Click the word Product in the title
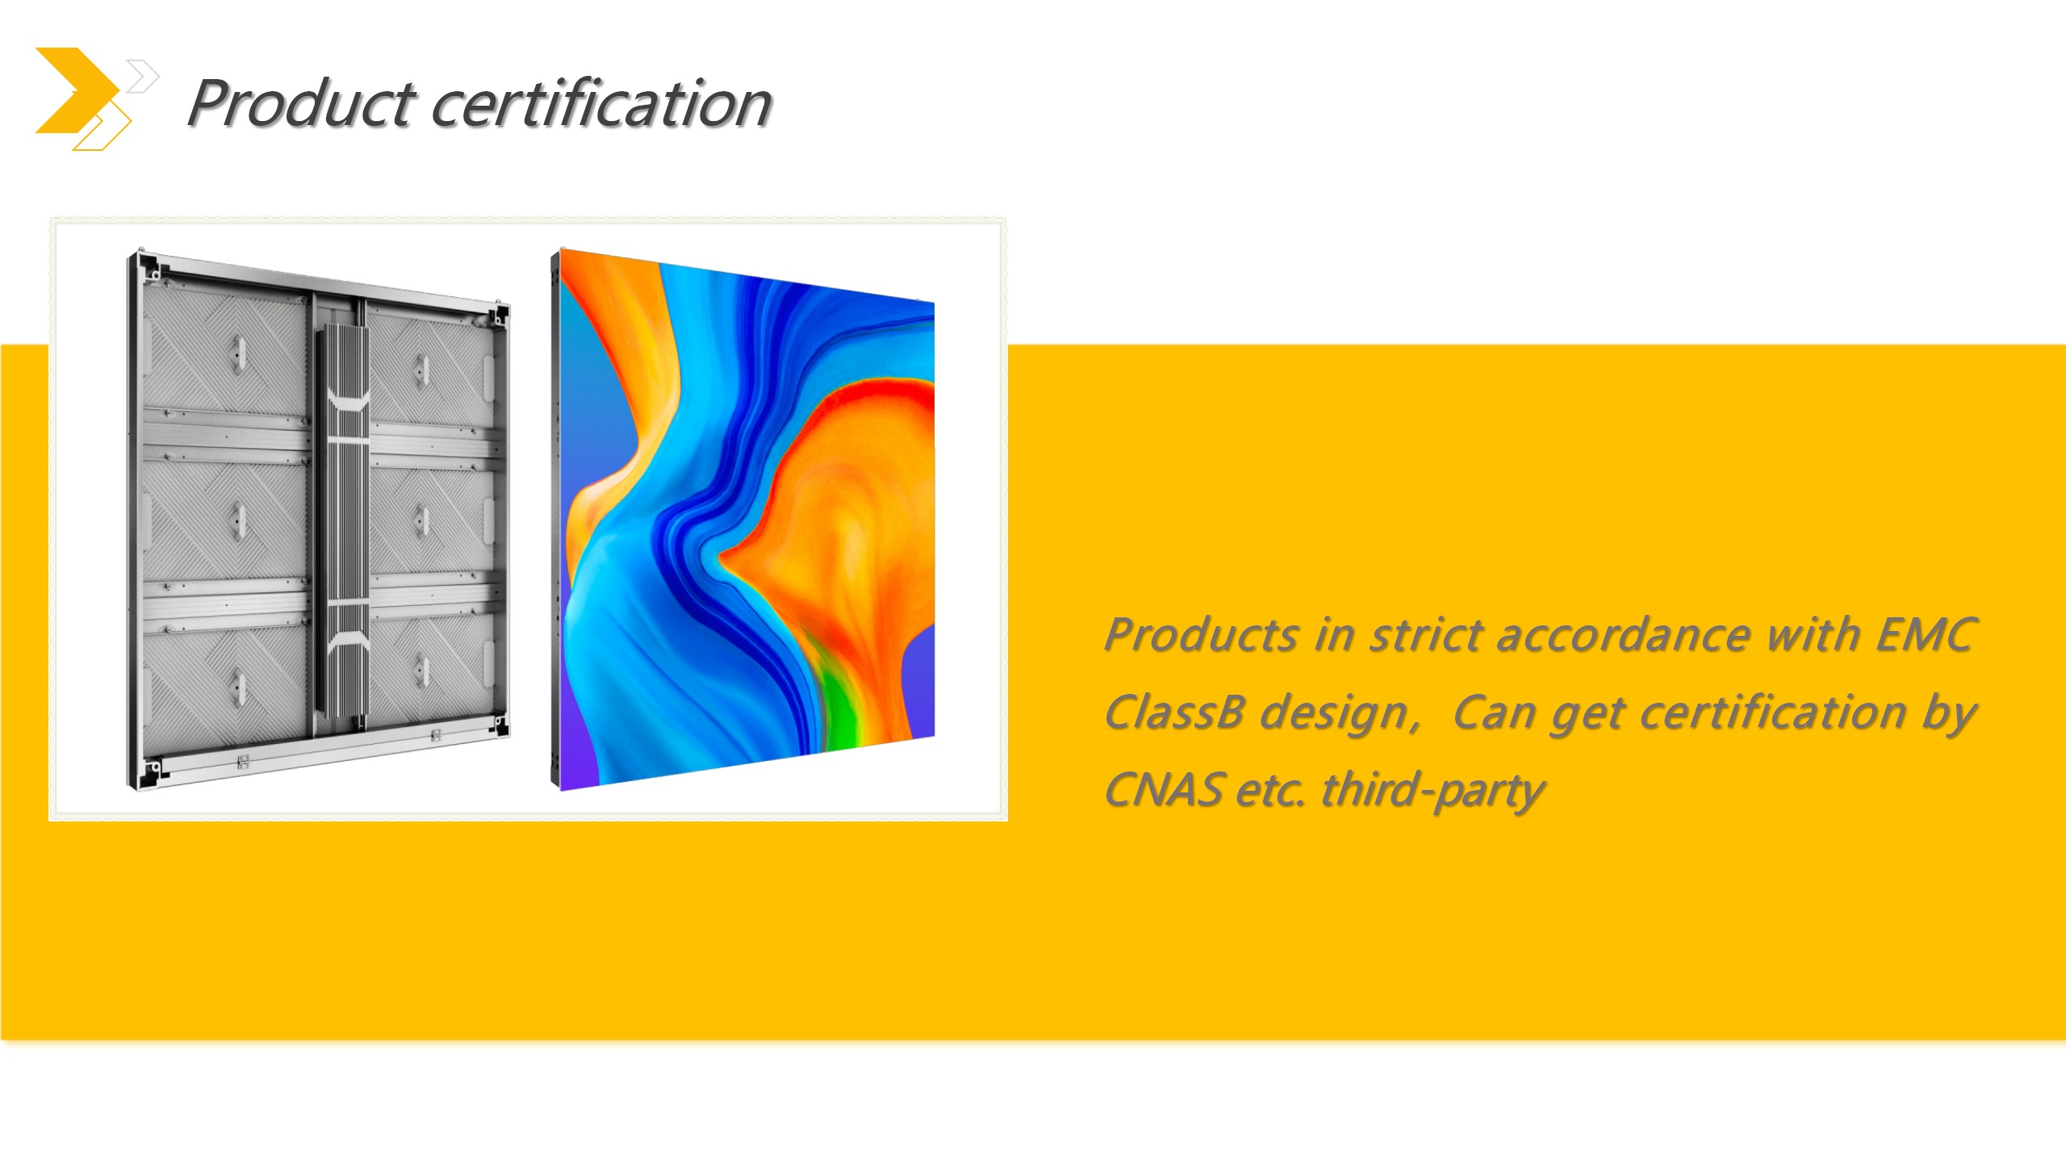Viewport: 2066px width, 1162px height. click(x=302, y=105)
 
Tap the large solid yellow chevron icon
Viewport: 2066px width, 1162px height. click(x=77, y=90)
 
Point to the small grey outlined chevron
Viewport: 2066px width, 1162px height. click(x=143, y=77)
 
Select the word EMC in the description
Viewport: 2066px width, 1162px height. click(x=1926, y=634)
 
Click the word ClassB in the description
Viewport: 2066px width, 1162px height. click(x=1174, y=713)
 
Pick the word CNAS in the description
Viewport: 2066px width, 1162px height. click(x=1163, y=790)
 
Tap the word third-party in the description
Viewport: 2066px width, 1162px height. click(x=1433, y=791)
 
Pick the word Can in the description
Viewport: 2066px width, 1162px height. click(x=1494, y=713)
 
